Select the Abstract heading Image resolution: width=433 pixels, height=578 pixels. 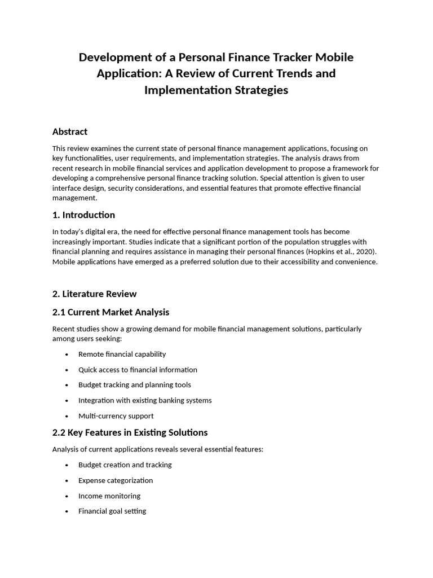coord(70,132)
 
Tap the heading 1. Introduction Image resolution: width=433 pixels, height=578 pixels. coord(83,215)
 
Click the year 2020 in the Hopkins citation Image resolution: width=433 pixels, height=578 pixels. coord(364,252)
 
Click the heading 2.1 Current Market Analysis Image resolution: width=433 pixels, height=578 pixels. coord(111,312)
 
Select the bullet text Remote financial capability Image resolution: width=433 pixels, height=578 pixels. coord(122,354)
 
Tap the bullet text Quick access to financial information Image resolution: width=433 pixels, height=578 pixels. coord(138,370)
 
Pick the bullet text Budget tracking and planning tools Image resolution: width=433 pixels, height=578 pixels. coord(134,385)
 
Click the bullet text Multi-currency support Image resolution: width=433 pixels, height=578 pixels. coord(116,416)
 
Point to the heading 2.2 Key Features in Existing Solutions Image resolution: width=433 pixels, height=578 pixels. coord(130,433)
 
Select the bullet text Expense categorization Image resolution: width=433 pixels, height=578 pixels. coord(116,480)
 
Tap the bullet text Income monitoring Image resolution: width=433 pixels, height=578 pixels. coord(109,496)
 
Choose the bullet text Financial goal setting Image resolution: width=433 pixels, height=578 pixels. coord(112,511)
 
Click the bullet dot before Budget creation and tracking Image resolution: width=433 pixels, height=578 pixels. coord(67,465)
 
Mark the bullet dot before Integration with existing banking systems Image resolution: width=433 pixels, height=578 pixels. coord(67,401)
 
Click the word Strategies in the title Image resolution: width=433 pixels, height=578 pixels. coord(262,90)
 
